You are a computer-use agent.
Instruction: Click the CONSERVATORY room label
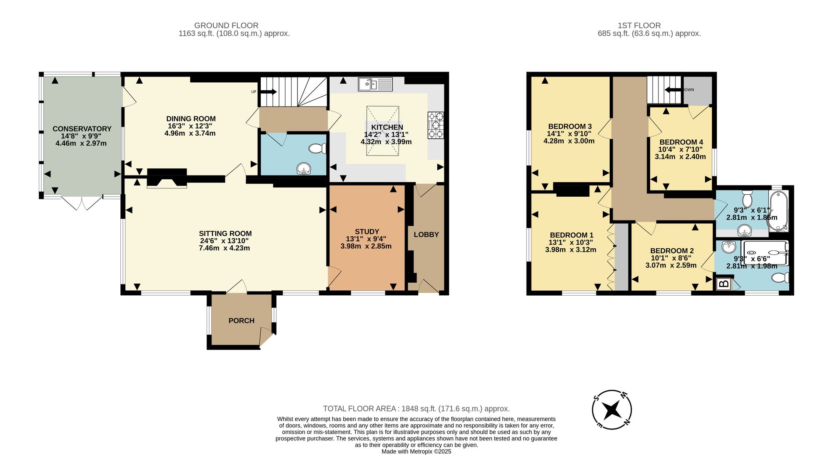pyautogui.click(x=82, y=129)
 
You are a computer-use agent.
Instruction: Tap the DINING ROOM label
pyautogui.click(x=191, y=119)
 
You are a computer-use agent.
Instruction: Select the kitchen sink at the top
pyautogui.click(x=375, y=84)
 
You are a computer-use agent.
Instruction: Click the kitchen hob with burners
pyautogui.click(x=436, y=125)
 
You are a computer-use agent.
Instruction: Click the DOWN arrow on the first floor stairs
pyautogui.click(x=672, y=90)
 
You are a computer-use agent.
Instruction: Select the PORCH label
pyautogui.click(x=242, y=321)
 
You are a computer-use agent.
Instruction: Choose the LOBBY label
pyautogui.click(x=426, y=235)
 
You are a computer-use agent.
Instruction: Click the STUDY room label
pyautogui.click(x=367, y=232)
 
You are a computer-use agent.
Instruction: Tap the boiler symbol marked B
pyautogui.click(x=724, y=284)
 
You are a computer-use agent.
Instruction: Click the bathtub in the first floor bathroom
pyautogui.click(x=779, y=211)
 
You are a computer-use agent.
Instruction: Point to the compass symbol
pyautogui.click(x=612, y=410)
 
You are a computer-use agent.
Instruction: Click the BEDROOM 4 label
pyautogui.click(x=681, y=142)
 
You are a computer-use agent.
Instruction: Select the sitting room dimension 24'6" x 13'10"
pyautogui.click(x=224, y=241)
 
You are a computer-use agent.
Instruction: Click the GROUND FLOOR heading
pyautogui.click(x=226, y=25)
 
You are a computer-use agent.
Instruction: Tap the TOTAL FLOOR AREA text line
pyautogui.click(x=416, y=409)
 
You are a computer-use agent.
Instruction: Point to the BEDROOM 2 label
pyautogui.click(x=672, y=251)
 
